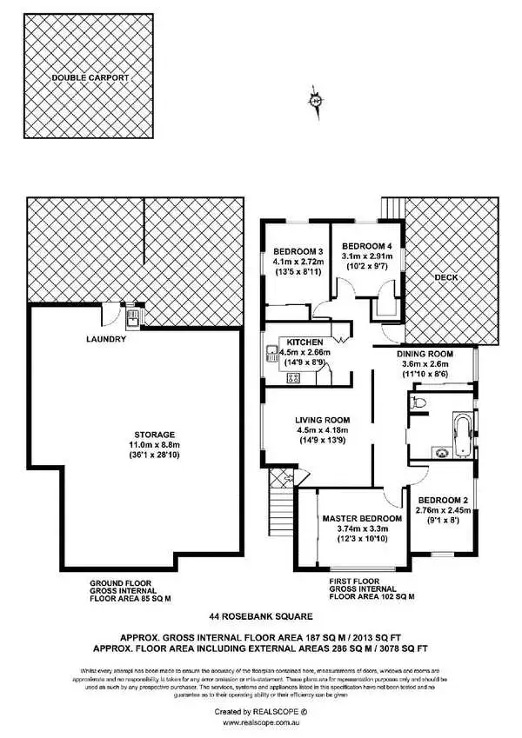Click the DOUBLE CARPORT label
(90, 77)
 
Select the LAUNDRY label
(107, 339)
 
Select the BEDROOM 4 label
(366, 246)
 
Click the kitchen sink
(272, 353)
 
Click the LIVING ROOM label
(323, 419)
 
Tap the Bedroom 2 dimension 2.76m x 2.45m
(444, 510)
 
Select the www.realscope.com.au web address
(261, 721)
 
